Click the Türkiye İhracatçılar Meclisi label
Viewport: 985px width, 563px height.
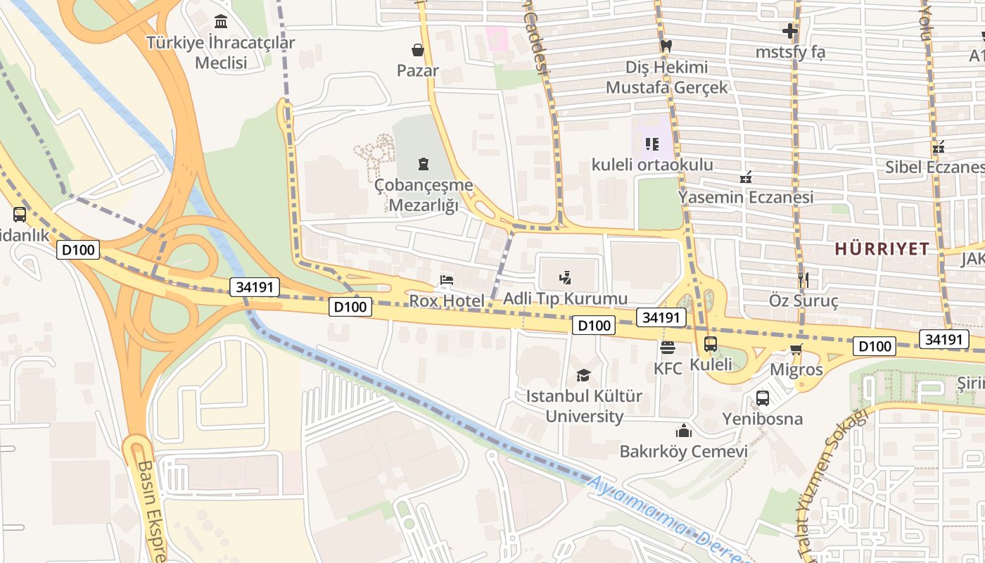[220, 53]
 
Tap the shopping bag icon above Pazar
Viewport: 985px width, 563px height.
[418, 50]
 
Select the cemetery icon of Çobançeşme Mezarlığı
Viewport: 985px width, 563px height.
[423, 164]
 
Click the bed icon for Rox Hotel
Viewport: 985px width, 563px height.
[447, 280]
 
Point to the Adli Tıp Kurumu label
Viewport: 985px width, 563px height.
[565, 298]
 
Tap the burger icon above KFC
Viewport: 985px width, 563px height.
[667, 347]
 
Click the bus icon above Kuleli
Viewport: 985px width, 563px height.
[711, 344]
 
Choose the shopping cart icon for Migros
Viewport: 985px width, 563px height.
[796, 350]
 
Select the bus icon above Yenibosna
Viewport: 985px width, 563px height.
[763, 398]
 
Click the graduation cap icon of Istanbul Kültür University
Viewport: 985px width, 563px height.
[583, 375]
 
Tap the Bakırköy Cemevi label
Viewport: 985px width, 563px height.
[683, 451]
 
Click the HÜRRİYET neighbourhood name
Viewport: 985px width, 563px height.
[882, 248]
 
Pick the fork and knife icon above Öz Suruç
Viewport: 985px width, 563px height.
[803, 280]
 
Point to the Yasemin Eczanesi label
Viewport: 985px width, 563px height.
[746, 197]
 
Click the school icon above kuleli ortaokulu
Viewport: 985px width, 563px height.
[652, 144]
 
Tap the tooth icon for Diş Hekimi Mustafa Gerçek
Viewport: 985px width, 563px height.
[666, 46]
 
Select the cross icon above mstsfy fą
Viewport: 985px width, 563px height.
[790, 31]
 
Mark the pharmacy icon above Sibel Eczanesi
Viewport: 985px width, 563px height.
[938, 147]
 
